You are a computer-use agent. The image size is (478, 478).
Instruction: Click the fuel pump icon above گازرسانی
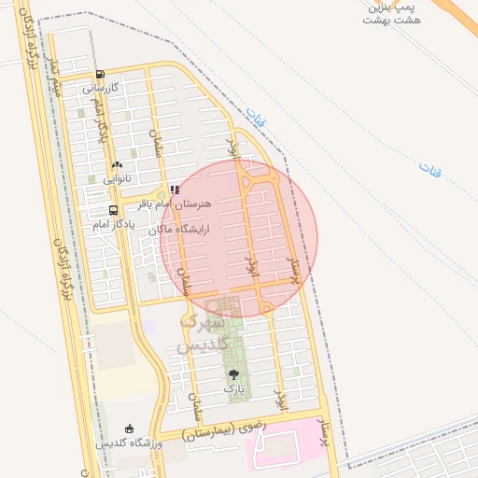pyautogui.click(x=100, y=75)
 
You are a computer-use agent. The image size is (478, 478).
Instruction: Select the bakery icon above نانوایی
pyautogui.click(x=118, y=164)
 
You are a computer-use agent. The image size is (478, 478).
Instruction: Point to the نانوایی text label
pyautogui.click(x=118, y=177)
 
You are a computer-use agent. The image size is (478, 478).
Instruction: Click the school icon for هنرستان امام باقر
pyautogui.click(x=175, y=189)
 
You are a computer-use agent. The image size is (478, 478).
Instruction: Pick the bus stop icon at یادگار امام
pyautogui.click(x=113, y=211)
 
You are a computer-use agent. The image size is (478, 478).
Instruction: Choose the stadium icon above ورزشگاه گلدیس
pyautogui.click(x=128, y=429)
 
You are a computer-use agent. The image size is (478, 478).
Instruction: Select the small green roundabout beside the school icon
pyautogui.click(x=161, y=195)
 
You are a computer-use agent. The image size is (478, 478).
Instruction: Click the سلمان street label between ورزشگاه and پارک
pyautogui.click(x=195, y=406)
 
